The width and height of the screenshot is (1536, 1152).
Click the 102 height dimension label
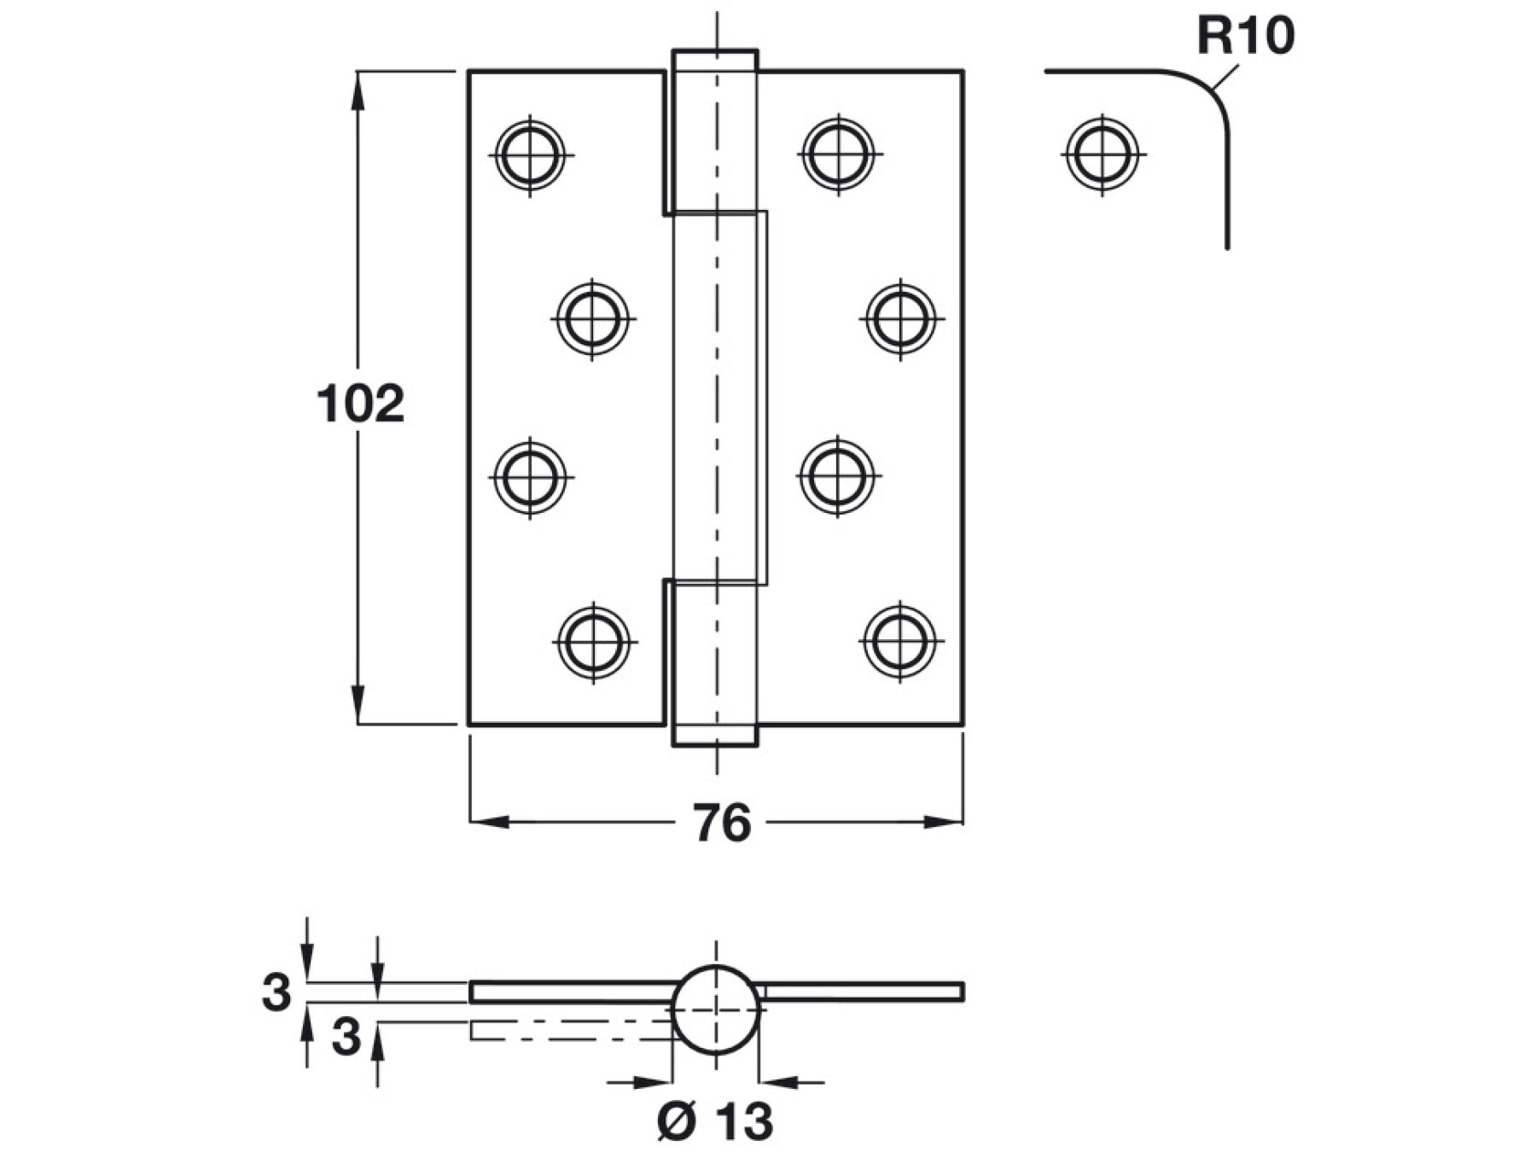(360, 404)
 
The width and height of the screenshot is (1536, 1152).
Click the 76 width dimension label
(721, 823)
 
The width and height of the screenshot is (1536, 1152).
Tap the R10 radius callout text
(1245, 36)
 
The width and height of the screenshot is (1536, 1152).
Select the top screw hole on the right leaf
(839, 154)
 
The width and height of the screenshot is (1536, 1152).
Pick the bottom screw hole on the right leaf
(899, 640)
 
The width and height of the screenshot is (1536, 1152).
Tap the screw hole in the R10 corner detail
(1103, 154)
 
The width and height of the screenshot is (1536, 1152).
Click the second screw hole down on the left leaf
(593, 318)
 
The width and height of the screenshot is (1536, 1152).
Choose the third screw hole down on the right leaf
(839, 475)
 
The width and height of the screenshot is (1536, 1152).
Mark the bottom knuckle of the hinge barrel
(715, 664)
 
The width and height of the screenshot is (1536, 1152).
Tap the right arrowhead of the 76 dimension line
(943, 823)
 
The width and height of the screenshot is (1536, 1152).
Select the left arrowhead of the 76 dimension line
(490, 823)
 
